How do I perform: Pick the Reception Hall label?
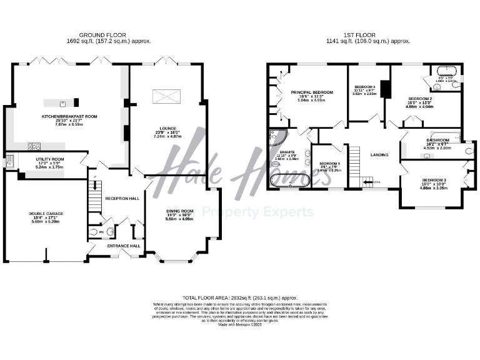point(122,198)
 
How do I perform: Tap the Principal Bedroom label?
point(312,92)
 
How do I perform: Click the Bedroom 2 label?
point(420,99)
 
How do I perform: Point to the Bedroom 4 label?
point(365,86)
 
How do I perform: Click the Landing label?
point(379,155)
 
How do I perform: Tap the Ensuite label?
point(287,152)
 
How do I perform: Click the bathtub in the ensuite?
point(289,181)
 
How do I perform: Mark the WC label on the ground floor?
point(102,232)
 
